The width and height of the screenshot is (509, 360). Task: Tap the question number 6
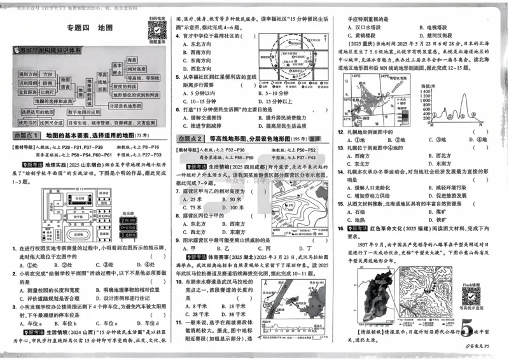click(179, 109)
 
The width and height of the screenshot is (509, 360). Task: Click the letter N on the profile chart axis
click(482, 124)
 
